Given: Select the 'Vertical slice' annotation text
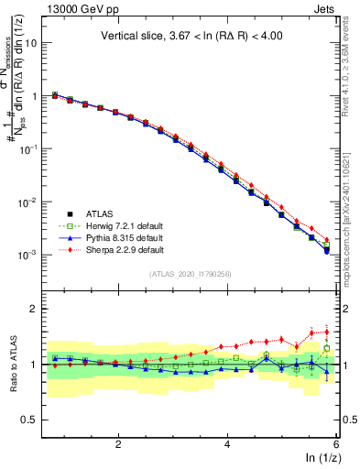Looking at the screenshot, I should point(193,37).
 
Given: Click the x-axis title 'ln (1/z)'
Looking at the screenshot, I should point(321,457).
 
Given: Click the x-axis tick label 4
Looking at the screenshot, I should point(227,442).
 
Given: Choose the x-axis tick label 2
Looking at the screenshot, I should point(118,442).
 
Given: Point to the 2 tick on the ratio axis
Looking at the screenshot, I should point(35,309).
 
